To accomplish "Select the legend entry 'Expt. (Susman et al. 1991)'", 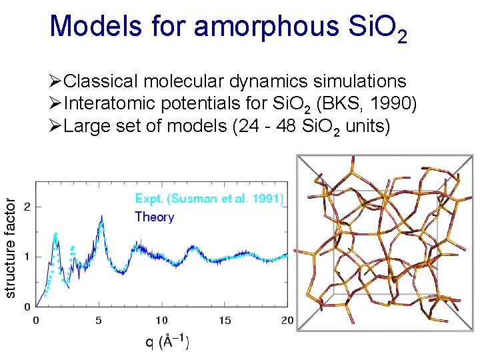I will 209,199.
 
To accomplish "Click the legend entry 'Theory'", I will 154,217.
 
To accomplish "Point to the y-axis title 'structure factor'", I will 11,247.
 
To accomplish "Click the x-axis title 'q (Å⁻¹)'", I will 167,342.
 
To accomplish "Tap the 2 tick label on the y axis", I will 27,207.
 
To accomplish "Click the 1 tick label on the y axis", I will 27,257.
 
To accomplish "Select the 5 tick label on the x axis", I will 99,321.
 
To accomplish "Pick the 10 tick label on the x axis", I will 161,321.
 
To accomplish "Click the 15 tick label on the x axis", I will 225,321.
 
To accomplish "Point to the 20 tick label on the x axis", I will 287,321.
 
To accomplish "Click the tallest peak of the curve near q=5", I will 101,217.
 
